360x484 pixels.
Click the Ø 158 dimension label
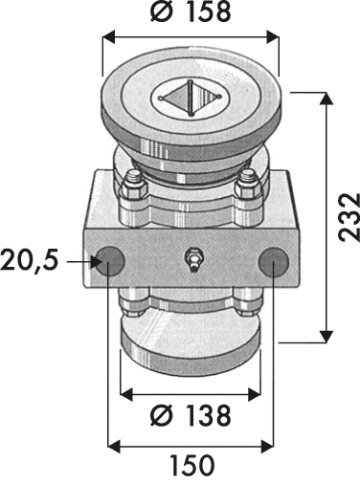(191, 12)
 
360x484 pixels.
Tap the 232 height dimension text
(349, 217)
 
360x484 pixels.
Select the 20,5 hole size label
(30, 260)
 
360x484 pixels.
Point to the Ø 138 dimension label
(191, 415)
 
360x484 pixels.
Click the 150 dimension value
(191, 465)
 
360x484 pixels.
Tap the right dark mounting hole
(274, 262)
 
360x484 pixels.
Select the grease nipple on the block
(191, 259)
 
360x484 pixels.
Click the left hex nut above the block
(133, 187)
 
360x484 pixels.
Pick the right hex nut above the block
(249, 186)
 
